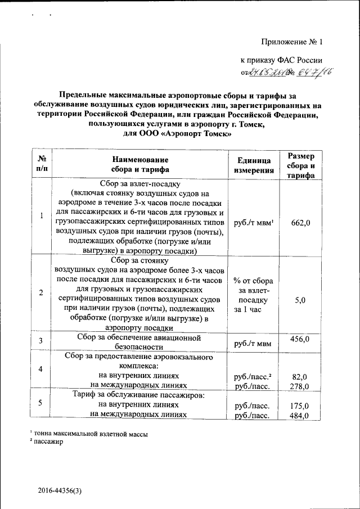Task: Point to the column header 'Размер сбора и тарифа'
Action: (300, 165)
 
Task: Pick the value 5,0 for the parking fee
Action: (300, 300)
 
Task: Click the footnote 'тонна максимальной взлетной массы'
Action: (94, 434)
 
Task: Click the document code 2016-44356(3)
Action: (60, 491)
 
